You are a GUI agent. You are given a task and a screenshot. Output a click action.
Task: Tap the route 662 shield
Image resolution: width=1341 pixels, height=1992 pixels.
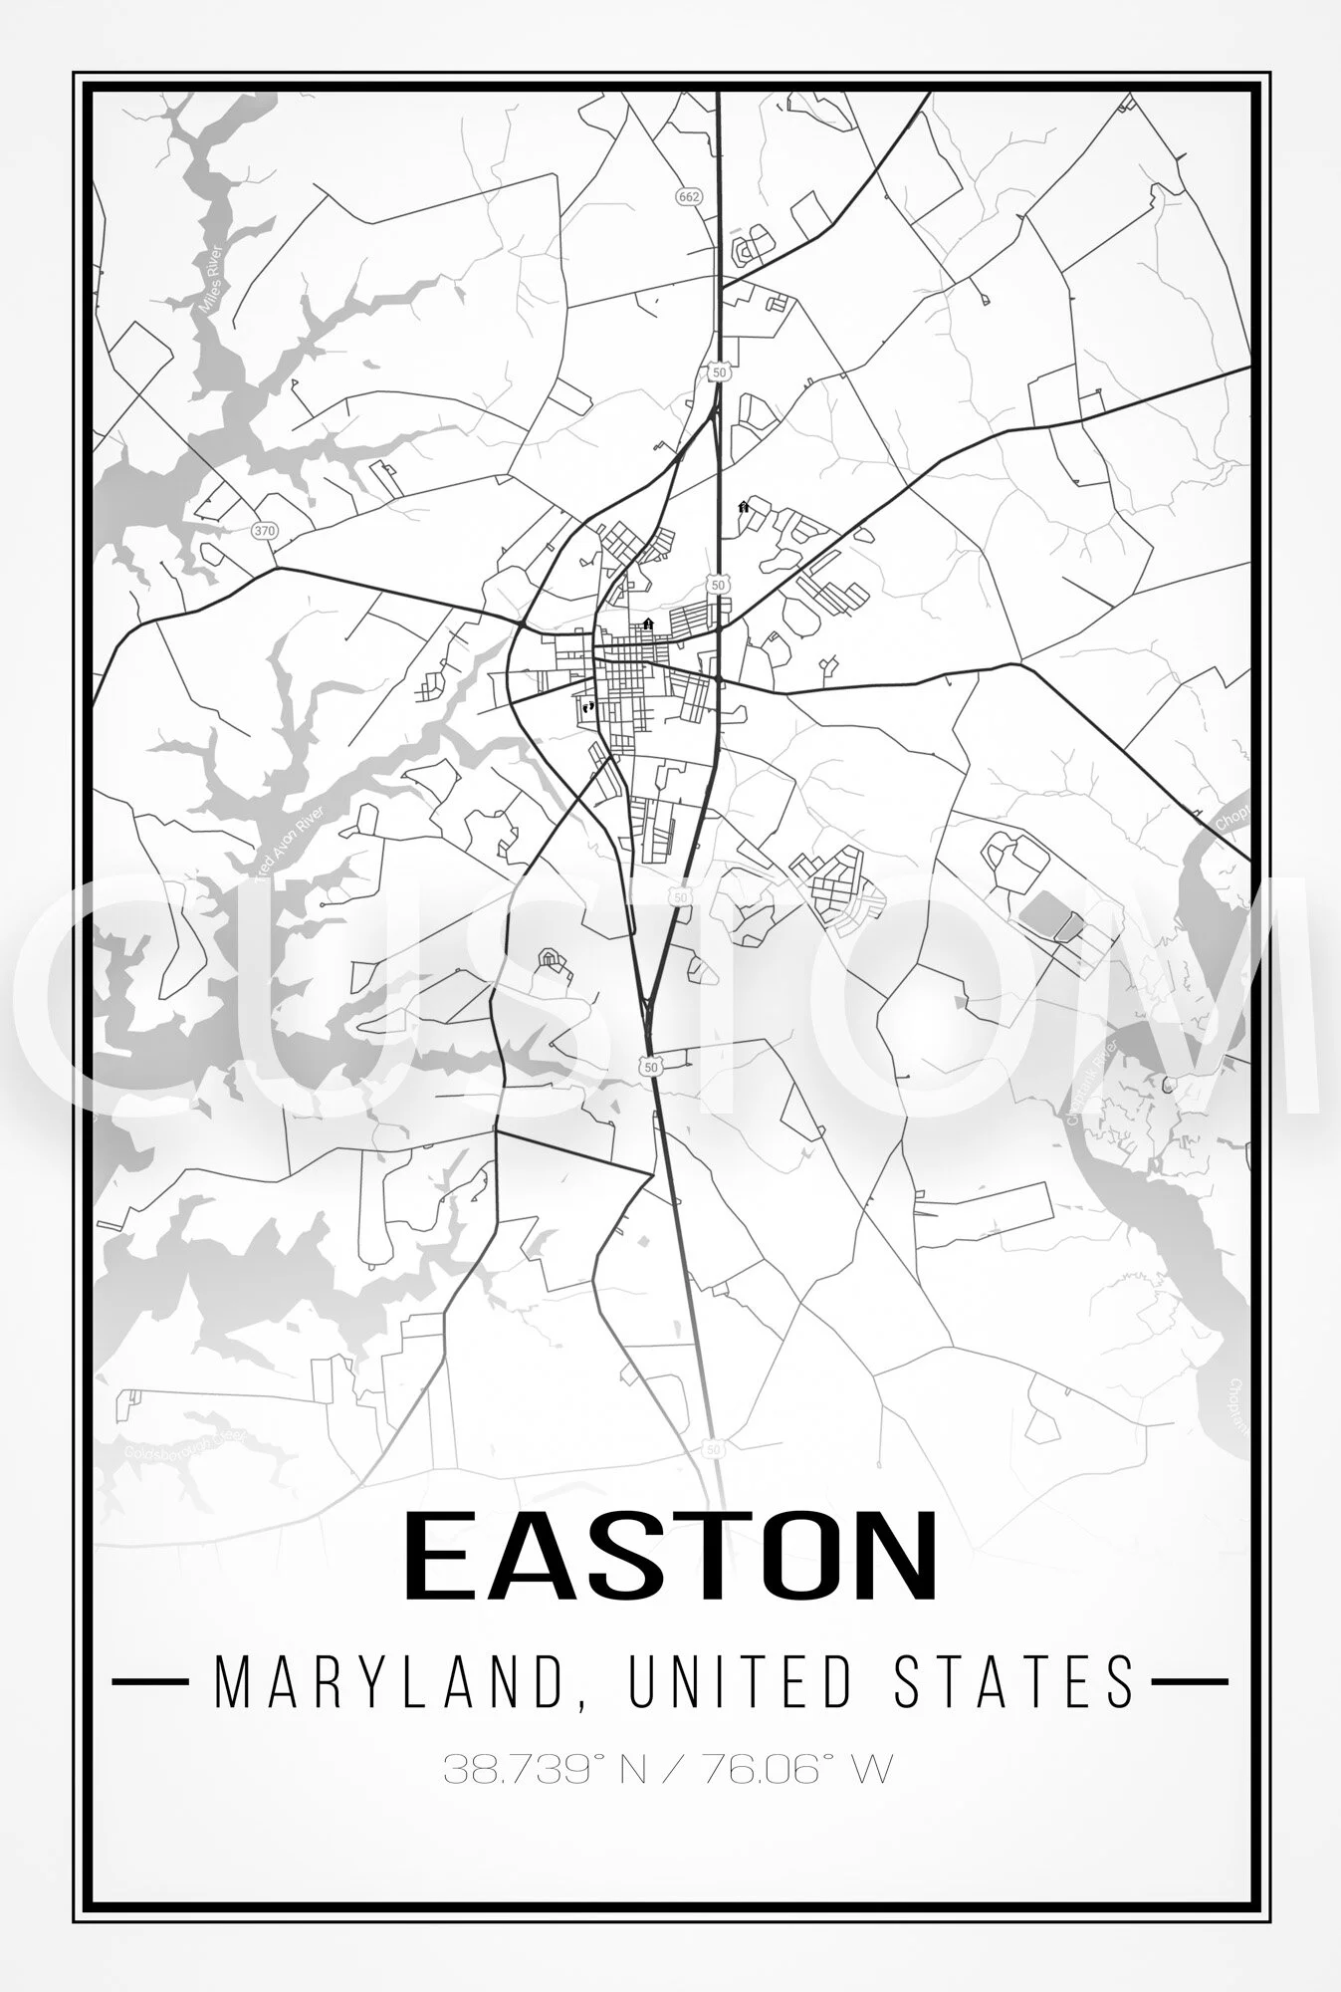(688, 196)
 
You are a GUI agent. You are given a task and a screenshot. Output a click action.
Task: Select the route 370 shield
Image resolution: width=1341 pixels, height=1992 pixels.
(264, 530)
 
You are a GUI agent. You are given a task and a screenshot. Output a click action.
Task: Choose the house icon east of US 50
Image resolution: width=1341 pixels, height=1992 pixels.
(743, 507)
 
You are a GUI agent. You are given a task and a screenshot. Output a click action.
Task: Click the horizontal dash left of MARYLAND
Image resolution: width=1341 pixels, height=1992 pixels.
(149, 1681)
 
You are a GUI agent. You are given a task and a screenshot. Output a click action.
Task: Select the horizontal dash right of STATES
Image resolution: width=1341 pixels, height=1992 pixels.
(1190, 1681)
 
